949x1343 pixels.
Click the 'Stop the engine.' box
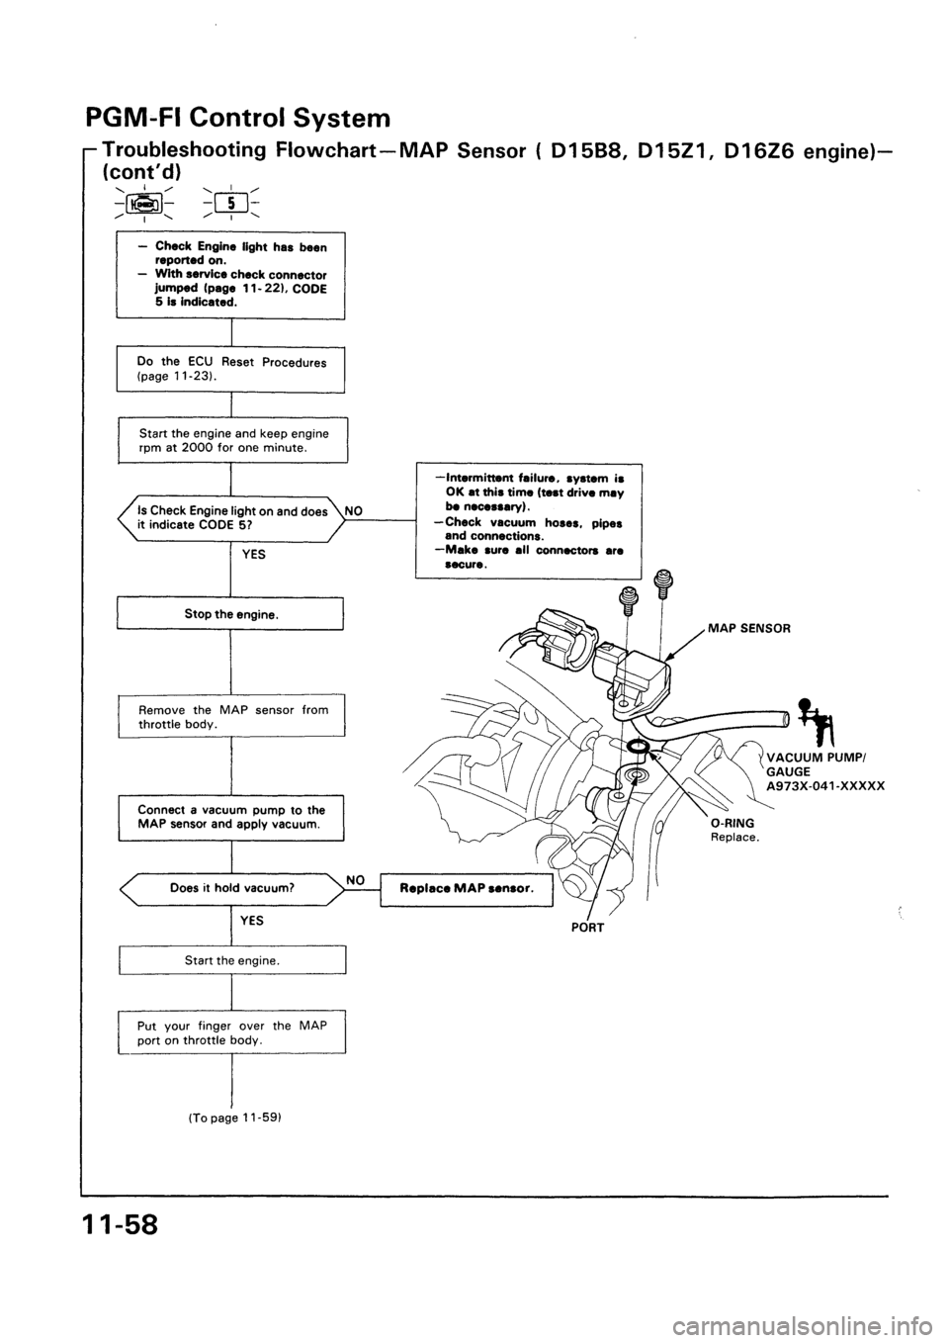click(229, 614)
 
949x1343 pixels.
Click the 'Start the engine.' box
click(229, 960)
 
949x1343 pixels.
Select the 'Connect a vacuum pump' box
click(229, 816)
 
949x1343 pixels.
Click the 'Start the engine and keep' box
click(229, 440)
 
